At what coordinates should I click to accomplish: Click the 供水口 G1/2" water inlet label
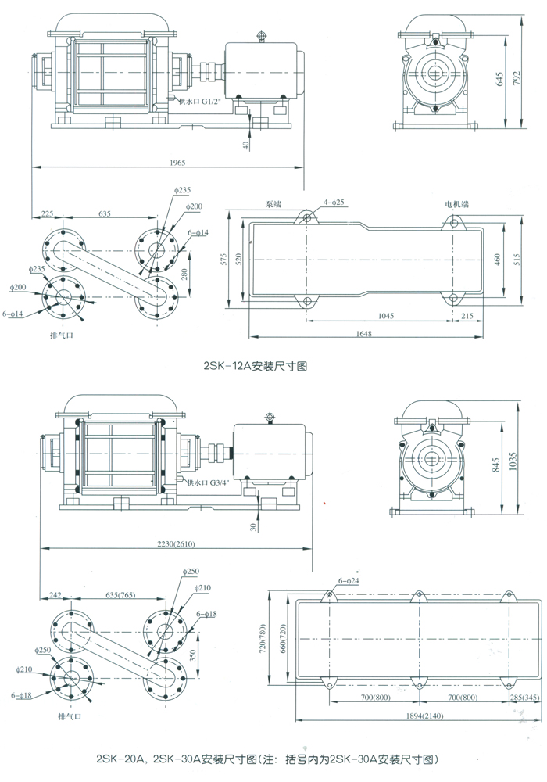pos(201,101)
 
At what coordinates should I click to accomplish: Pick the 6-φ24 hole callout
pos(349,581)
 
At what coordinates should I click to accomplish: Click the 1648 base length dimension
pos(360,333)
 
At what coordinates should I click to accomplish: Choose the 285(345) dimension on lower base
pos(520,698)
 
